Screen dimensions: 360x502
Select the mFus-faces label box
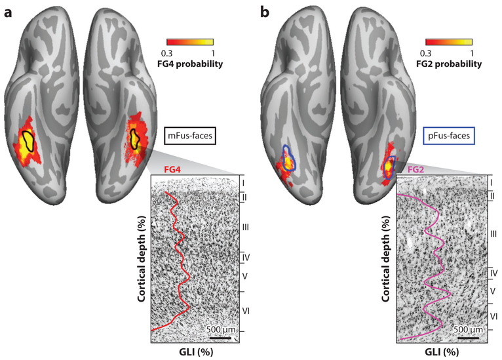tap(191, 138)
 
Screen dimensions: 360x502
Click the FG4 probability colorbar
tap(190, 43)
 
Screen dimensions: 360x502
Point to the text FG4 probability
tap(190, 64)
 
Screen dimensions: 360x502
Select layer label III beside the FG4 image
tap(246, 226)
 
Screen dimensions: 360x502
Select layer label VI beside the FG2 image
tap(493, 315)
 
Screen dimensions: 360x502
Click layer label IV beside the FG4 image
tap(246, 256)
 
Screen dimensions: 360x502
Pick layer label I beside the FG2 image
tap(492, 182)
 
